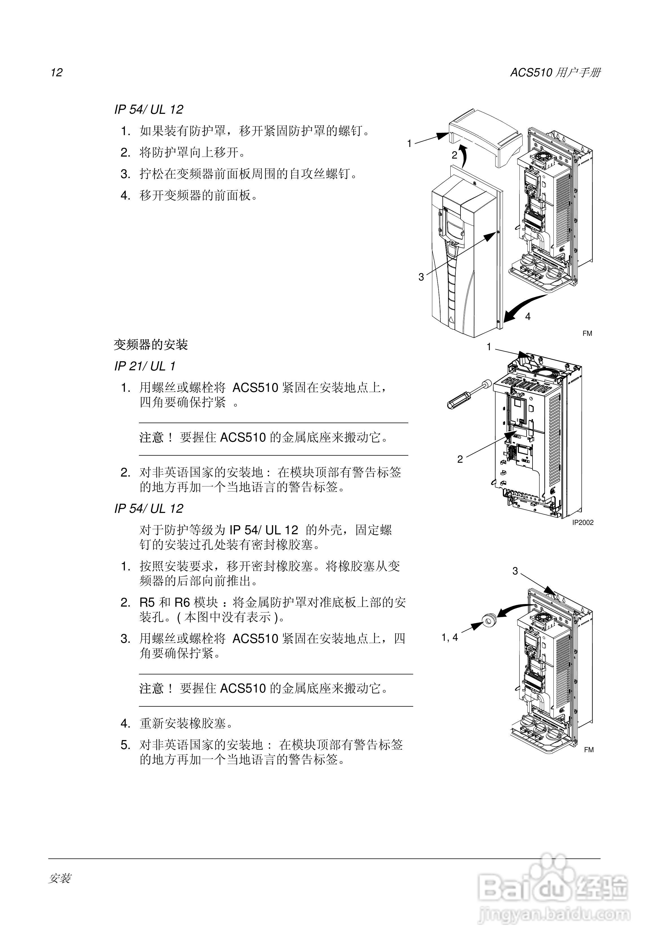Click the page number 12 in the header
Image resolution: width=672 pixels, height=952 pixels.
coord(56,73)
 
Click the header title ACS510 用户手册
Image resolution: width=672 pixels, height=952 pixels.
coord(555,73)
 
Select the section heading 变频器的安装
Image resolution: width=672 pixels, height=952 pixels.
coord(151,345)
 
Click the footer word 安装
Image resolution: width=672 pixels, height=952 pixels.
coord(60,878)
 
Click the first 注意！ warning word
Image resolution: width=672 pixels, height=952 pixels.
coord(156,438)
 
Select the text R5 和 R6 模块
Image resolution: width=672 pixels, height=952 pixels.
coord(178,602)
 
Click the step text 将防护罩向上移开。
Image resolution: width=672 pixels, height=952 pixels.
coord(192,153)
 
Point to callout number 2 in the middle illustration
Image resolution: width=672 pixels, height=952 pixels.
coord(460,459)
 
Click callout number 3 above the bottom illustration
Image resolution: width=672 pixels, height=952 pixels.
coord(515,571)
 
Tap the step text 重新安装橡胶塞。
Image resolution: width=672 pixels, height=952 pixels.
coord(186,724)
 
